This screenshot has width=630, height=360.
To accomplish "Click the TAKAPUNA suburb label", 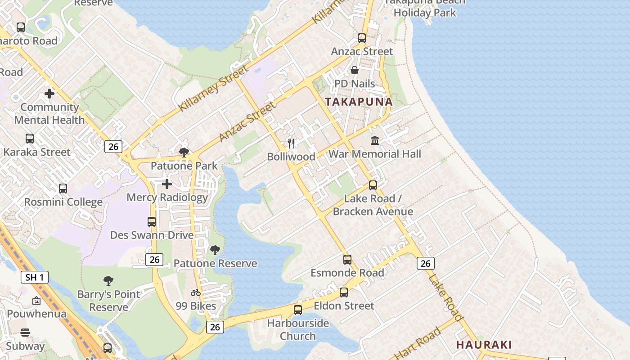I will coord(359,102).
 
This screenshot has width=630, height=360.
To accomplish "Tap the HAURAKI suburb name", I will coord(484,345).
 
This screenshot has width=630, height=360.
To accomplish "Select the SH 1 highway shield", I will coord(35,277).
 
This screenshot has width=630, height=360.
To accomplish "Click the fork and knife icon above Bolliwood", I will coord(291,144).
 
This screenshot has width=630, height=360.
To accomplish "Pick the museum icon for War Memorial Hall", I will coord(375,141).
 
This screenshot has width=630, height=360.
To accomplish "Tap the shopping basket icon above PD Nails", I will coord(355,70).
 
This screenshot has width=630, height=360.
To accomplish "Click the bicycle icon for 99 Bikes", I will coord(195,292).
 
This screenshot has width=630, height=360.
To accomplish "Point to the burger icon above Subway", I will coord(25,333).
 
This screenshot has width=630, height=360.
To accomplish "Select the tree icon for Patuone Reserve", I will coord(215,250).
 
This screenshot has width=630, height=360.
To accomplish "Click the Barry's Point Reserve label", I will coord(108,301).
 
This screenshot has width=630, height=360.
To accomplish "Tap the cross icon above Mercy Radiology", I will coord(166,184).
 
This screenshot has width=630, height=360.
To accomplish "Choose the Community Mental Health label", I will coord(49,113).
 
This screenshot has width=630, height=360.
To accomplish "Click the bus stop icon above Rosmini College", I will coord(63,189).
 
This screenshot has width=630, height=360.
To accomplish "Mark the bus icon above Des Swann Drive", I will coord(152,222).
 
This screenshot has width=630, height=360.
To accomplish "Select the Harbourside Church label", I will coord(298,329).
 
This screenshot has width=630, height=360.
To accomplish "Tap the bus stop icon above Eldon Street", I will coord(344,292).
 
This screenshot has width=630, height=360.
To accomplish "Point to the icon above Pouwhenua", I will coord(36,301).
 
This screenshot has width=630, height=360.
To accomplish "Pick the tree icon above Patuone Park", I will coord(184,153).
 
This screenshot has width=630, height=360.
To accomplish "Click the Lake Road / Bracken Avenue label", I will coord(373,205).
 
